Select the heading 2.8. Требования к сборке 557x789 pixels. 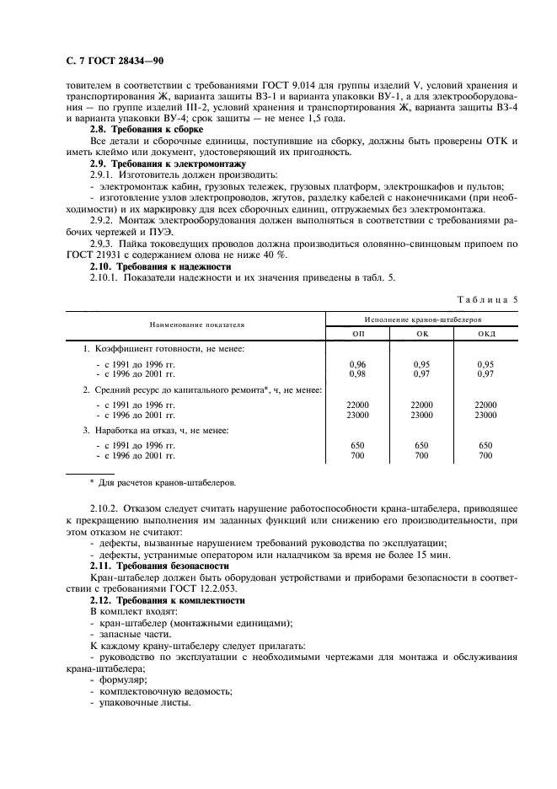[147, 130]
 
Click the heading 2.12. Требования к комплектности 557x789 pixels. [167, 600]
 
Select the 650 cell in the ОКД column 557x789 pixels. [485, 445]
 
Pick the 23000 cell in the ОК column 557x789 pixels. [421, 415]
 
